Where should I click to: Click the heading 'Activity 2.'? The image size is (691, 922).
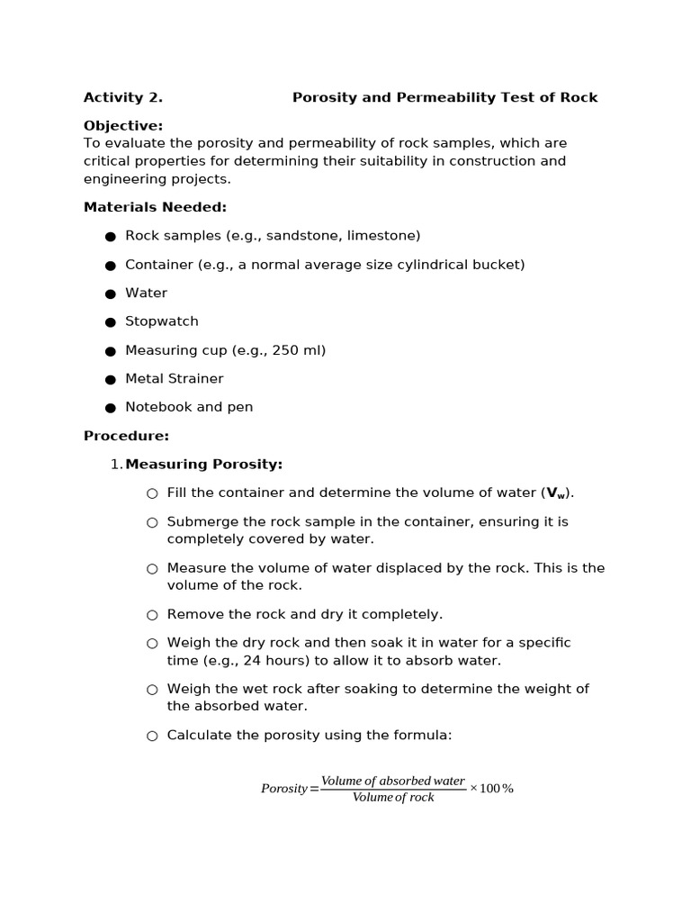tap(122, 97)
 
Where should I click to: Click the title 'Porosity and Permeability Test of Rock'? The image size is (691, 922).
tap(444, 97)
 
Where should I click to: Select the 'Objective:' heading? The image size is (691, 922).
tap(123, 126)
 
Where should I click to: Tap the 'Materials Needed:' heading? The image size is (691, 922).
tap(155, 207)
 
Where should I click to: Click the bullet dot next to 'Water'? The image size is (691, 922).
tap(111, 294)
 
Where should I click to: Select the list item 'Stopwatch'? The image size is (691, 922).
tap(162, 321)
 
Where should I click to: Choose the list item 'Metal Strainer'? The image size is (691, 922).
tap(175, 379)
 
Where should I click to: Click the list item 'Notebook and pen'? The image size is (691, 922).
tap(189, 407)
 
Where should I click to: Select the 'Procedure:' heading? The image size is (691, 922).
tap(126, 436)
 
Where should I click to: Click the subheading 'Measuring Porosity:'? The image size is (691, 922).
tap(203, 465)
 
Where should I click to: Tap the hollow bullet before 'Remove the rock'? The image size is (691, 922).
tap(152, 615)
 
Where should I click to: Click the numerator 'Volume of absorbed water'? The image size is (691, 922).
tap(393, 781)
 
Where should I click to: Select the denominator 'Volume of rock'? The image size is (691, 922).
tap(393, 798)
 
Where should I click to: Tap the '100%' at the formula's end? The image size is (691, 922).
tap(497, 789)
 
